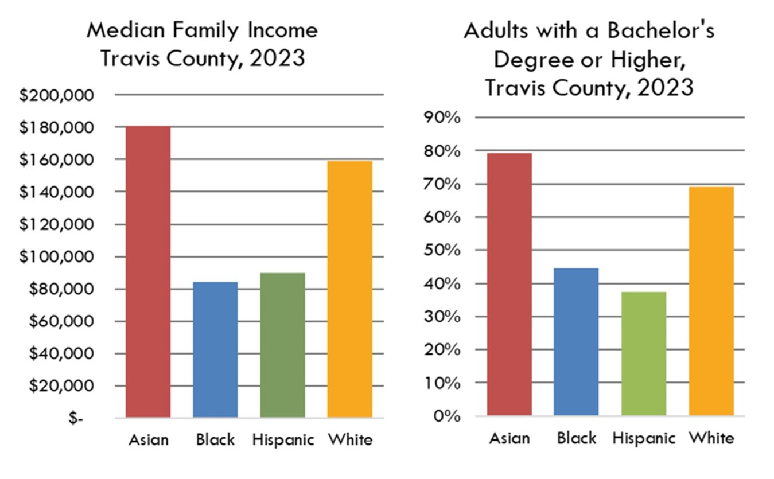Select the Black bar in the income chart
215,349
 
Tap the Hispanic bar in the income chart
282,345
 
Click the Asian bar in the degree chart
509,284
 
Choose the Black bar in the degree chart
576,341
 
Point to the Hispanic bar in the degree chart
644,353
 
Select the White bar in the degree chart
711,301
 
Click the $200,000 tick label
56,95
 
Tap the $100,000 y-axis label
56,257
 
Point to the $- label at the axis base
76,419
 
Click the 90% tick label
442,118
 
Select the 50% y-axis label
442,251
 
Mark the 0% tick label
446,416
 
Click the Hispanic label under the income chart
283,441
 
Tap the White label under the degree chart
711,438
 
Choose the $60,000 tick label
56,322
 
